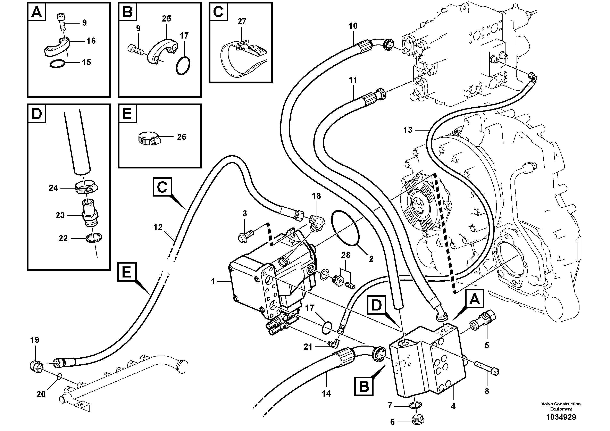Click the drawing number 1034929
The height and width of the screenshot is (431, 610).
(x=561, y=417)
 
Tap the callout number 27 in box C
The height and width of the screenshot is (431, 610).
(x=242, y=22)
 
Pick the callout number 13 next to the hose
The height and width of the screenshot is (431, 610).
(x=408, y=130)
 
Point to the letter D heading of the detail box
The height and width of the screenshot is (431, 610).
(x=37, y=114)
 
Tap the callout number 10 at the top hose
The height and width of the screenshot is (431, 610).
(x=353, y=26)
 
